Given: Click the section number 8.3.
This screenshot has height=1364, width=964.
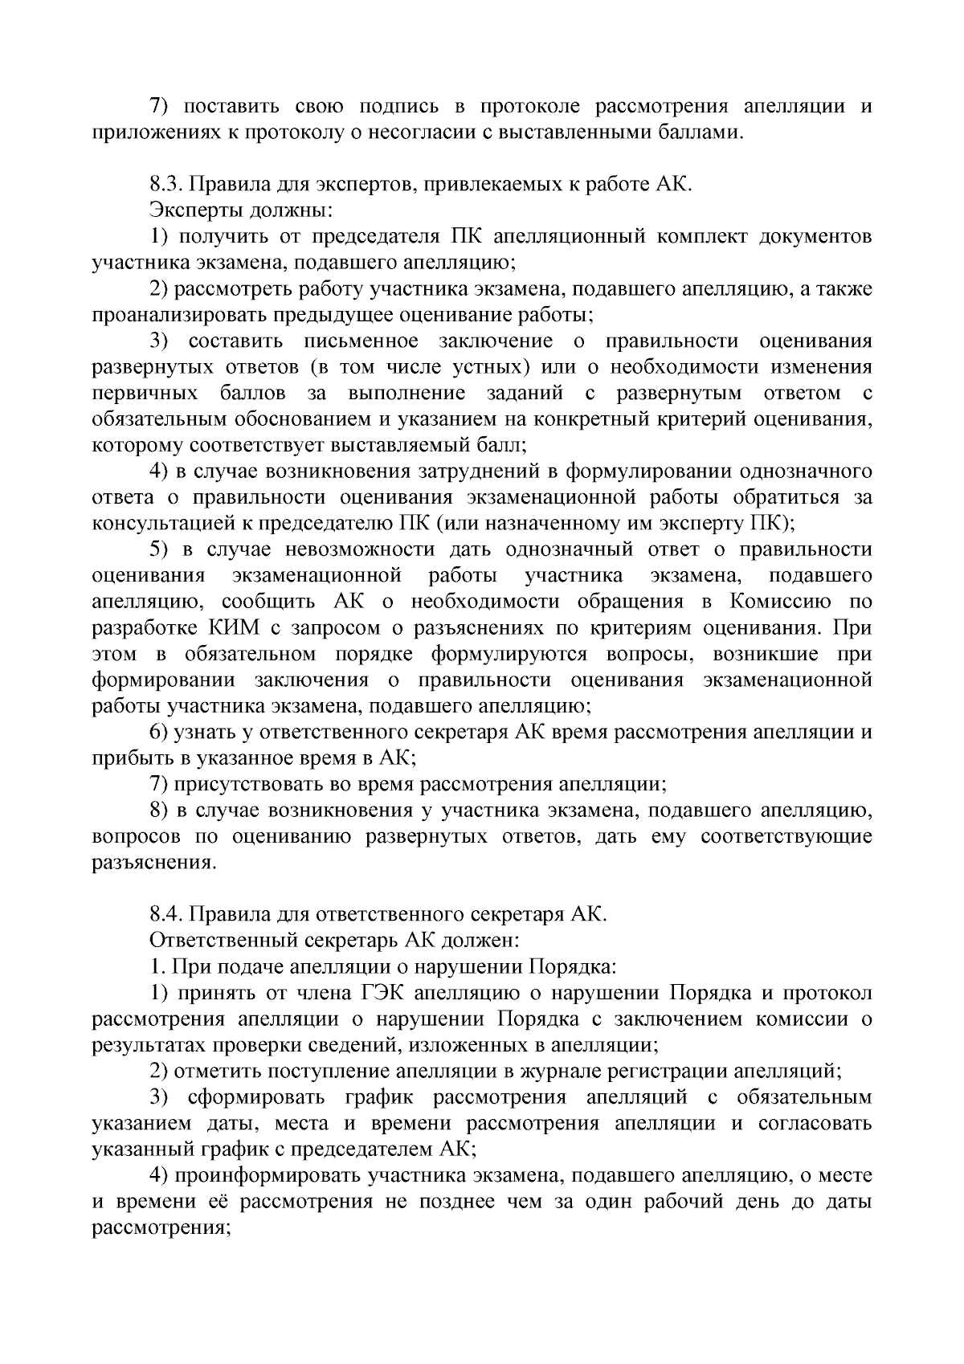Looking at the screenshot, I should [x=165, y=185].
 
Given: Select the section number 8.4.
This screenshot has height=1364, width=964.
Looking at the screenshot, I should [x=165, y=914].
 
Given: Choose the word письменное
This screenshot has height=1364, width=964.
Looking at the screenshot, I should [x=361, y=341].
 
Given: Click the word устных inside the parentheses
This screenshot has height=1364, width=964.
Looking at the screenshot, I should [x=477, y=367].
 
